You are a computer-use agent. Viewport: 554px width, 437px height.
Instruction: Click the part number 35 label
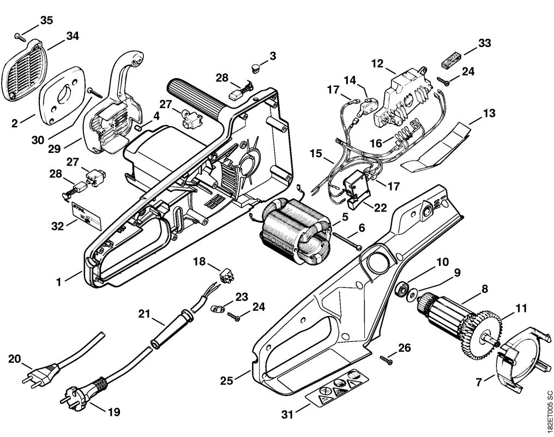[46, 21]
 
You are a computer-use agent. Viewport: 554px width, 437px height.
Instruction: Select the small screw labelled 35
[19, 37]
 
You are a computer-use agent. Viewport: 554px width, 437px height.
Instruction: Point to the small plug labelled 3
[255, 68]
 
